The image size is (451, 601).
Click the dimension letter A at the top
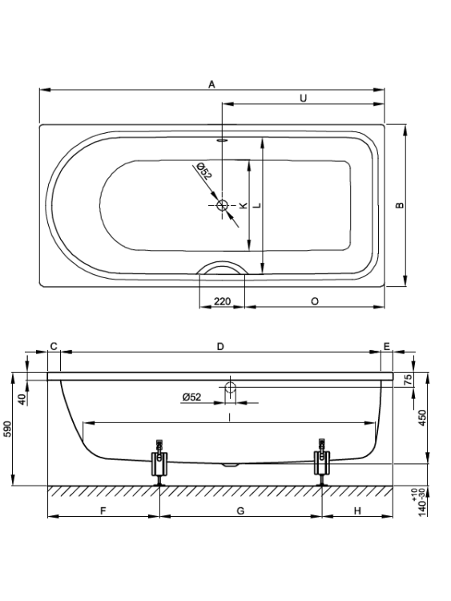212,84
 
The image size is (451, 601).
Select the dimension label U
303,99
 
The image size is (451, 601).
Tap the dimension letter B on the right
400,205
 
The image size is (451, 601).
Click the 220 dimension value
222,301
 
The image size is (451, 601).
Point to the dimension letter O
315,301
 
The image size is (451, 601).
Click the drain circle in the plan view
222,205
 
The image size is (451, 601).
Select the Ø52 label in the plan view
203,171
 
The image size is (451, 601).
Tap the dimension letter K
243,206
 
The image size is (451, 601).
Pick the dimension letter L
258,205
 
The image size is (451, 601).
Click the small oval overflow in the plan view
222,140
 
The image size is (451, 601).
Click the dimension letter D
220,346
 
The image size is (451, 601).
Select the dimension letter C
54,346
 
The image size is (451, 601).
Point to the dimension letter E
387,346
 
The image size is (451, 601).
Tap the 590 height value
8,429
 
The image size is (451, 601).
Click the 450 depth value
422,419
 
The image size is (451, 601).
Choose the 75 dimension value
409,380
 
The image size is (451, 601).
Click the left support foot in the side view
159,462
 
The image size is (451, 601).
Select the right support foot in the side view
322,462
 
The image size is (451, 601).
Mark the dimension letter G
240,511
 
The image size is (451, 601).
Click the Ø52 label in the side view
191,397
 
